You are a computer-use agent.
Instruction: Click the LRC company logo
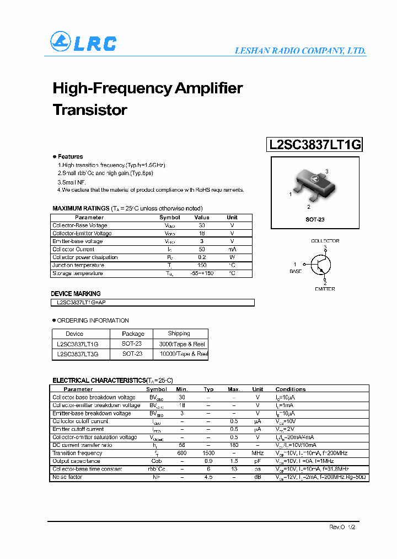click(83, 43)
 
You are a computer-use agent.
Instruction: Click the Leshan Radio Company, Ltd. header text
click(300, 51)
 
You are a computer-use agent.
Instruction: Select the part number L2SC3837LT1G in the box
click(315, 145)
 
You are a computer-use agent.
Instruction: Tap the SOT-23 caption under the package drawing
click(315, 219)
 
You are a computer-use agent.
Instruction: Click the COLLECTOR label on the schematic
click(325, 241)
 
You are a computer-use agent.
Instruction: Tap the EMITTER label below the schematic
click(325, 289)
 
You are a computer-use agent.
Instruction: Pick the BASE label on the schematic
click(296, 271)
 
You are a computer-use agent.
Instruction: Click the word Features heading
click(70, 157)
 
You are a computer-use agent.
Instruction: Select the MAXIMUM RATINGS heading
click(81, 208)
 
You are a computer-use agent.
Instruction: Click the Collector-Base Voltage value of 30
click(201, 225)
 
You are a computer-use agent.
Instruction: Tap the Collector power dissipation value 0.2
click(201, 257)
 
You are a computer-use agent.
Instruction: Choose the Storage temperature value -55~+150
click(201, 273)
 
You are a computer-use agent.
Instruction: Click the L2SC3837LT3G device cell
click(77, 354)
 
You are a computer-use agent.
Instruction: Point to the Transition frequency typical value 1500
click(208, 453)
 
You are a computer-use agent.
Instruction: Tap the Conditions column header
click(291, 389)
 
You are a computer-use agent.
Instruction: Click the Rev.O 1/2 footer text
click(342, 528)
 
